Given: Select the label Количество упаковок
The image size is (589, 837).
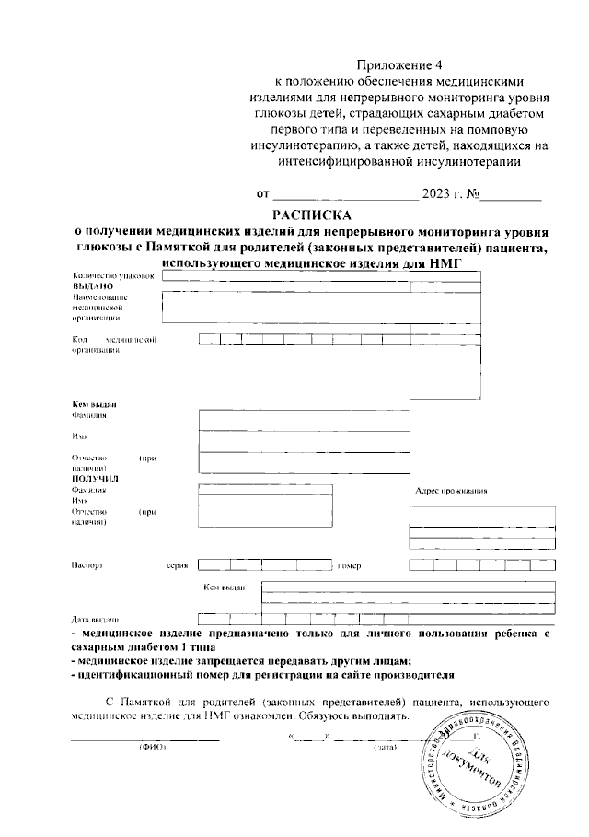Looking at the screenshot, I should pos(108,275).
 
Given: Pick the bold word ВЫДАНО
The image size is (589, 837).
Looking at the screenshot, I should pos(93,286).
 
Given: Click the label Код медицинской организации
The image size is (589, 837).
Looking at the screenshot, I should pos(110,344).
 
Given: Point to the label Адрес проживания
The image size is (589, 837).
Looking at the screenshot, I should pos(451,490).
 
